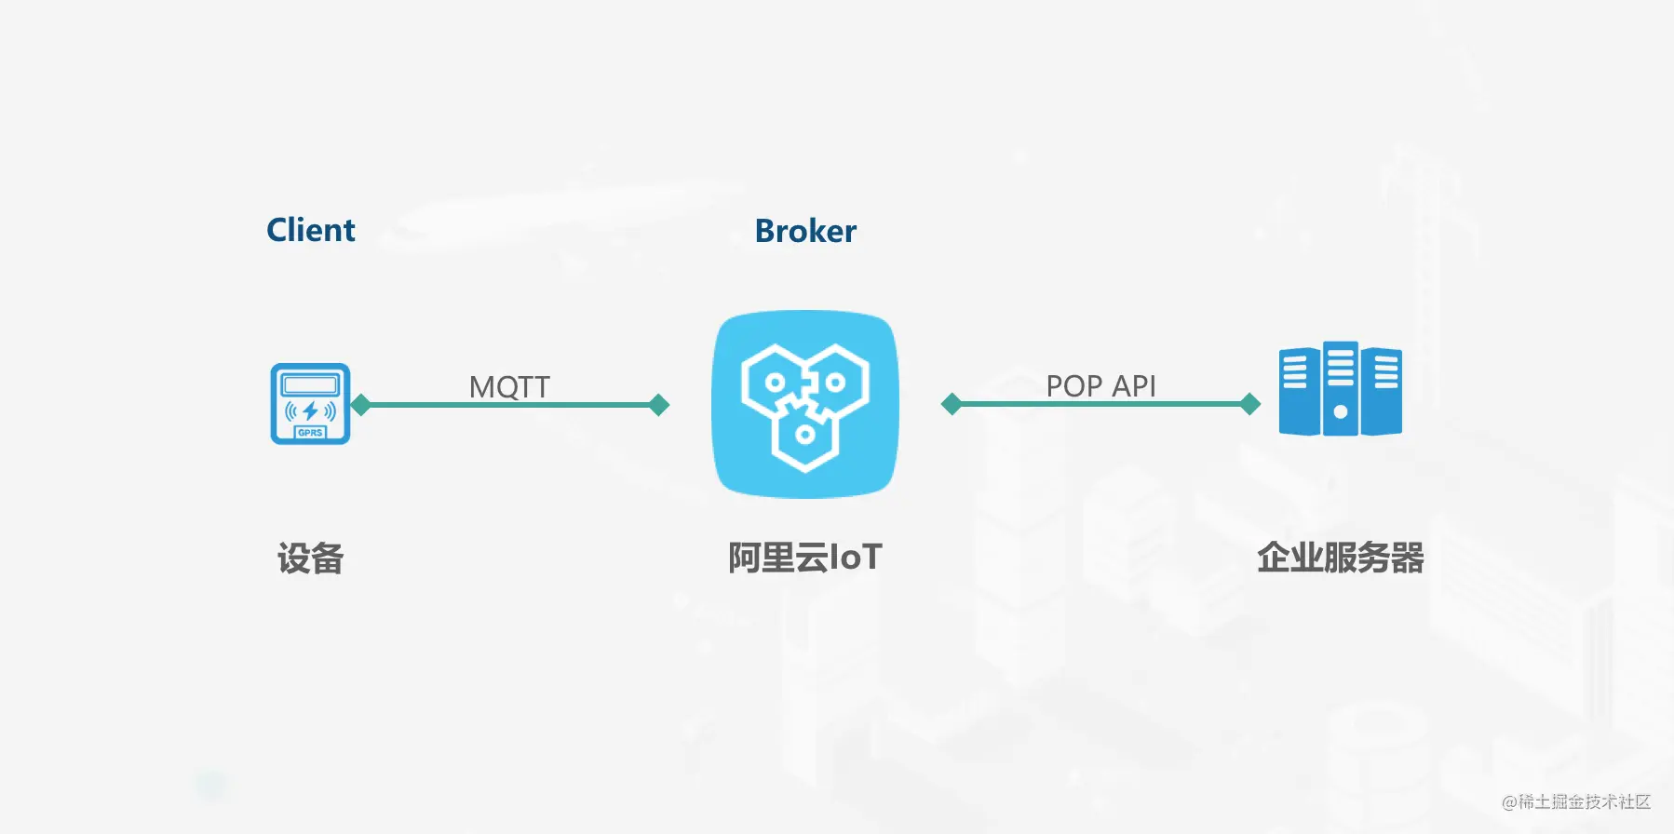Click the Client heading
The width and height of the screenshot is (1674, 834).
311,230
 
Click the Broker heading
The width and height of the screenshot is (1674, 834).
805,231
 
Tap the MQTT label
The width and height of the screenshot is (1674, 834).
509,386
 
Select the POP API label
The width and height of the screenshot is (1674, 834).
1100,385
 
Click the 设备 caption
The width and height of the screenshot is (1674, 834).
311,558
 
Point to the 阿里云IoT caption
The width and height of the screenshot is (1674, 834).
805,558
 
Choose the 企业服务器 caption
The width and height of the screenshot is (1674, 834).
1341,558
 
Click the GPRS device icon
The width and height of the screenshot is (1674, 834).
310,403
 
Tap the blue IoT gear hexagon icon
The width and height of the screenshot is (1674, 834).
805,404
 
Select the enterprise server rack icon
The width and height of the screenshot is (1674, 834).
1341,388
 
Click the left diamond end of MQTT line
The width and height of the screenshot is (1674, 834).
361,405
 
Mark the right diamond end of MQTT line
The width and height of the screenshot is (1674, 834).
659,405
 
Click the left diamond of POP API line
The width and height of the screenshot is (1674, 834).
952,404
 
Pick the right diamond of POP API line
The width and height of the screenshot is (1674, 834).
1250,404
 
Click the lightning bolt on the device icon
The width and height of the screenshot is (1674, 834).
310,410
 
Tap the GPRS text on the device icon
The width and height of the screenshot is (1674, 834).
310,433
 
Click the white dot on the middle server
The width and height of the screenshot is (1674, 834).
1341,411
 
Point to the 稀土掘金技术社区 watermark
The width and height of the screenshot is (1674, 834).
1576,801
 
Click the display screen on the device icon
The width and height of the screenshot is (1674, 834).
310,384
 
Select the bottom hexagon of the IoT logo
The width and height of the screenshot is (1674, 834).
805,432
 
